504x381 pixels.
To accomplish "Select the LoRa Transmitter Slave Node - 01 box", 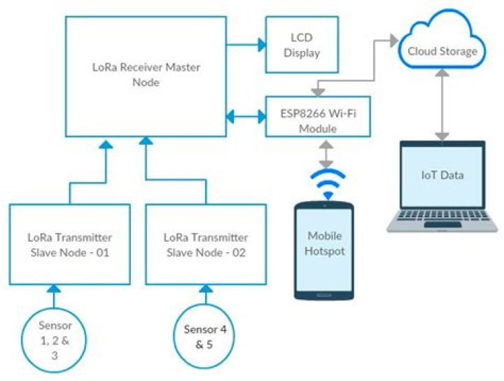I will [x=70, y=244].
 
